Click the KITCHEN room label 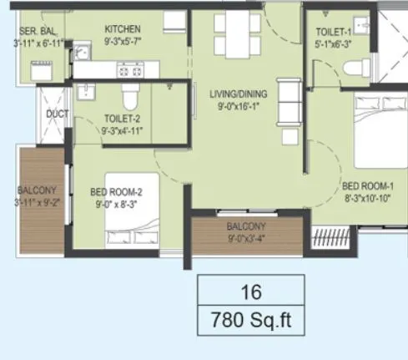(x=123, y=28)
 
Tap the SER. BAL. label (x=37, y=32)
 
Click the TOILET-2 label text (x=122, y=119)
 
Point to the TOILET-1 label (x=333, y=32)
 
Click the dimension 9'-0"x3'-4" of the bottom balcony (x=245, y=238)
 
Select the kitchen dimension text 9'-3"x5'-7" (x=123, y=38)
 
